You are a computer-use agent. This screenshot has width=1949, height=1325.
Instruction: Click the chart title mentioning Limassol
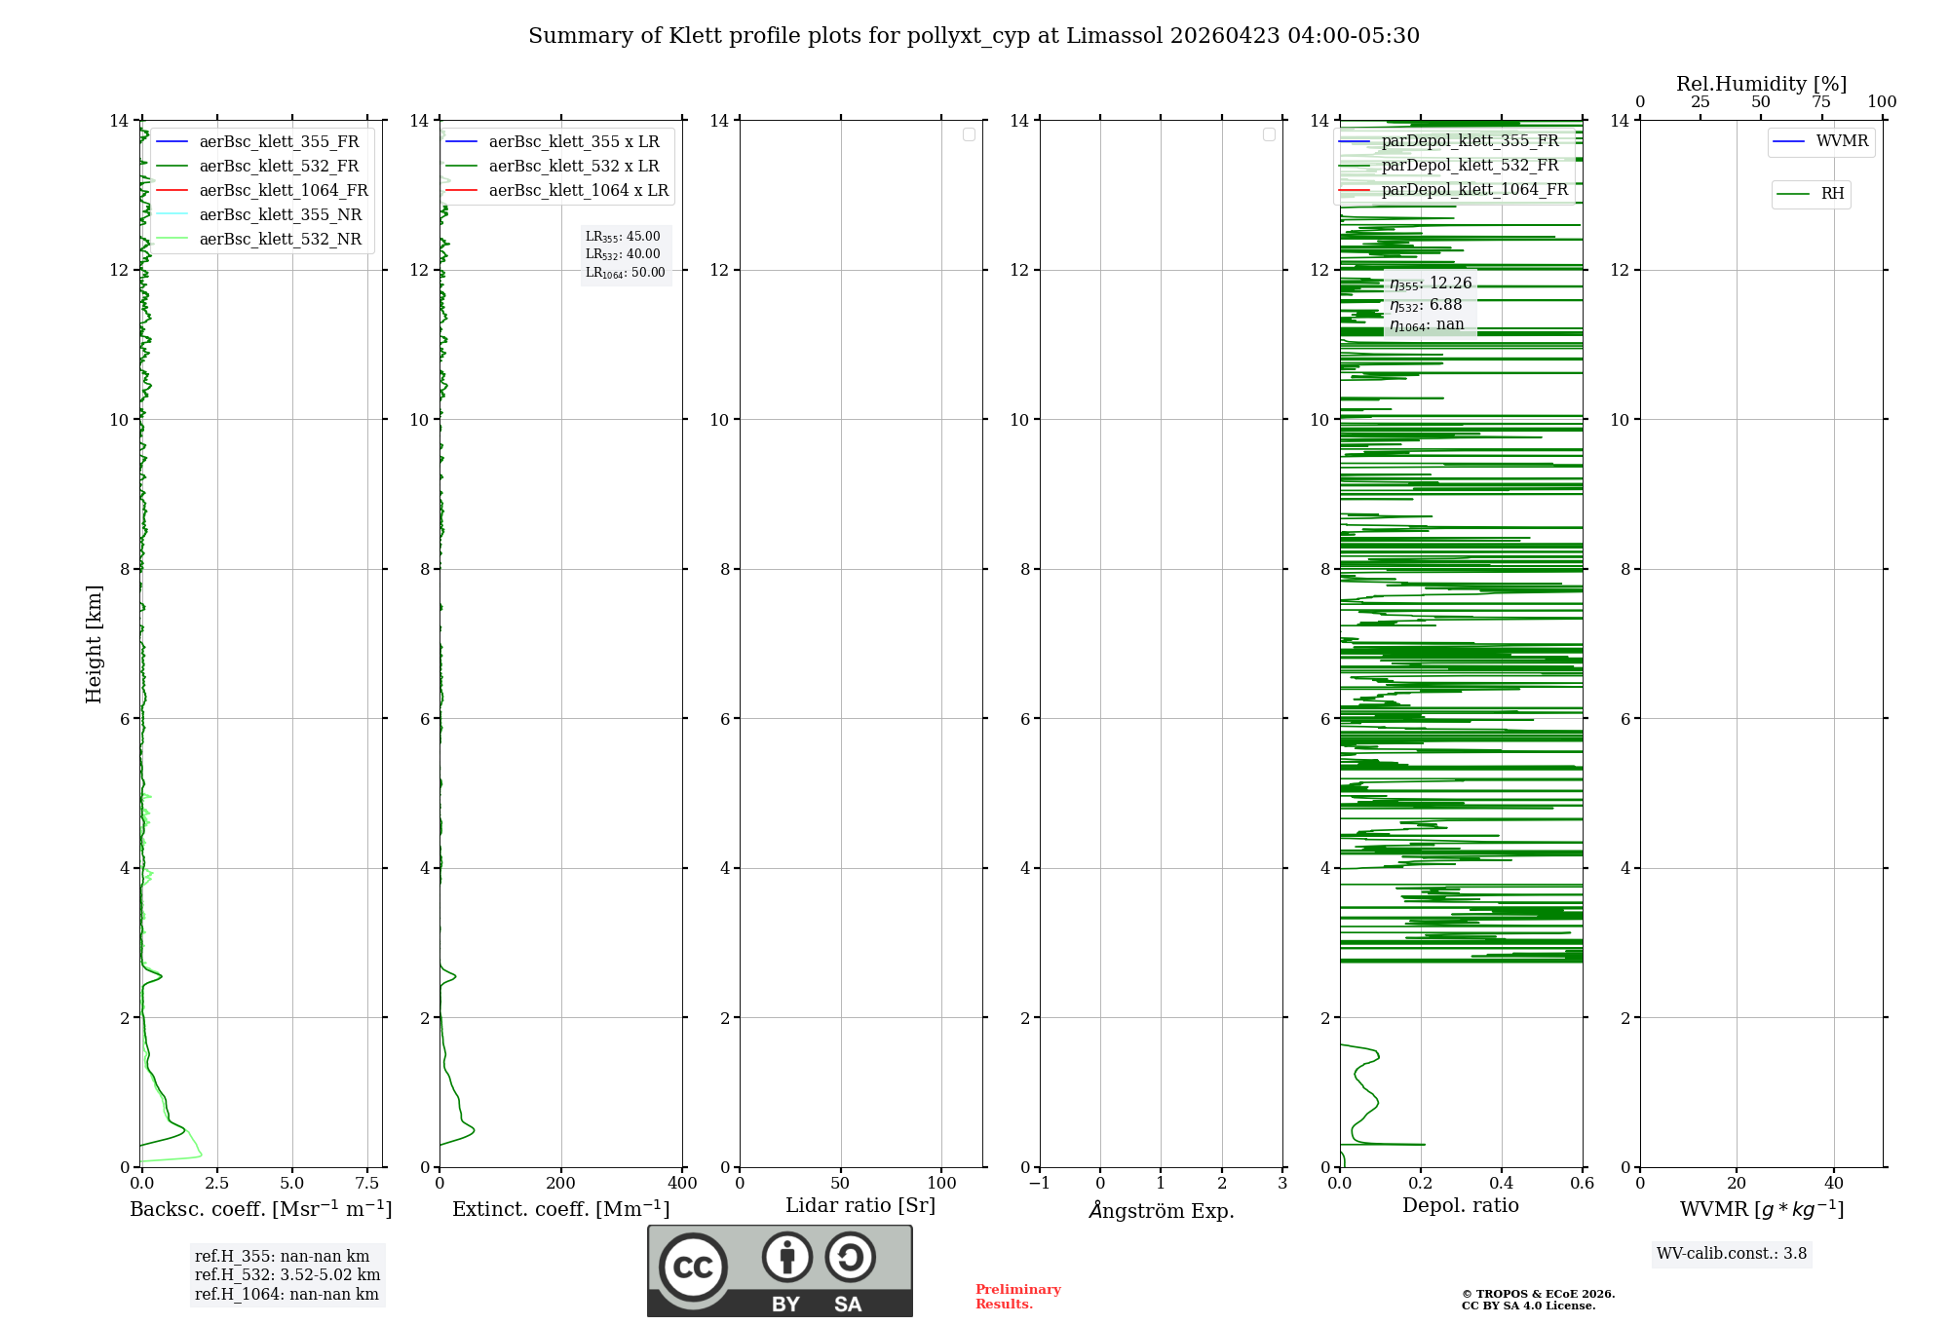point(974,36)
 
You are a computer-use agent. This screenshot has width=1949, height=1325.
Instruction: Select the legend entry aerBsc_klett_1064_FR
point(283,190)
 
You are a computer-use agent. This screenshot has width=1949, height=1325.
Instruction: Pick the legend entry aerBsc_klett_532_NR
point(280,239)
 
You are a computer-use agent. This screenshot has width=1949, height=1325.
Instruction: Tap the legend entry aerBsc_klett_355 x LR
point(573,141)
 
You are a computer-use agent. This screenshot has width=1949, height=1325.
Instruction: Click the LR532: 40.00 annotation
point(623,254)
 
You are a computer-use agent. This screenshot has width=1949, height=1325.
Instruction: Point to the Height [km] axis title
point(94,643)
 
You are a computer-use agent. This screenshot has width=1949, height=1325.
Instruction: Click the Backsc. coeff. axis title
point(260,1209)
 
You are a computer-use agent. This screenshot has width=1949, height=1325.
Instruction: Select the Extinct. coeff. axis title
point(560,1209)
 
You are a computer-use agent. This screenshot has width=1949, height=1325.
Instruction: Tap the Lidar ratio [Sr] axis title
point(860,1205)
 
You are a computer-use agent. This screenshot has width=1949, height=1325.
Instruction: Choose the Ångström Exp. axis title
point(1161,1210)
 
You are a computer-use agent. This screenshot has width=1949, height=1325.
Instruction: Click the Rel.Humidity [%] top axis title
point(1761,84)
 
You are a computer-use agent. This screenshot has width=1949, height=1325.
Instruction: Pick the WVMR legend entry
point(1841,141)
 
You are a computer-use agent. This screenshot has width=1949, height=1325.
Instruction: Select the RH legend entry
point(1831,194)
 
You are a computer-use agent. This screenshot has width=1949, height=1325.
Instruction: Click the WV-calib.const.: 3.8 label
point(1732,1253)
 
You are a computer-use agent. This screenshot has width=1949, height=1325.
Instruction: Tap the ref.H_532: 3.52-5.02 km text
point(287,1274)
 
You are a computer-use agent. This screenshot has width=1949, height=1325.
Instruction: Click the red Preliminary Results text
point(1017,1297)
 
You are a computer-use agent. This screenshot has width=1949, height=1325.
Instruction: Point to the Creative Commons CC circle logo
point(693,1268)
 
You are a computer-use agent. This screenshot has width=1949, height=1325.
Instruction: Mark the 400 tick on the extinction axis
point(682,1183)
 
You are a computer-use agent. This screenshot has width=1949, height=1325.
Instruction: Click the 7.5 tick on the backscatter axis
point(367,1183)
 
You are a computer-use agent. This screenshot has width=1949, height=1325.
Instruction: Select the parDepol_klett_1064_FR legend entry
point(1473,189)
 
